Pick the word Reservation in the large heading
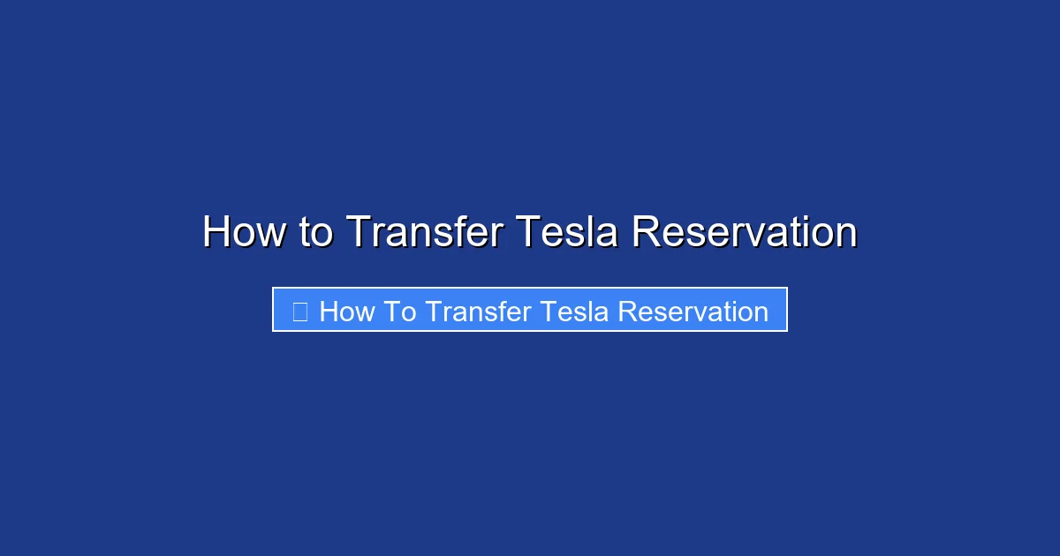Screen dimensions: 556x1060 tap(744, 232)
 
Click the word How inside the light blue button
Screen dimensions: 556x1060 tap(347, 312)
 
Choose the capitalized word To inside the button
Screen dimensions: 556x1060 tap(400, 312)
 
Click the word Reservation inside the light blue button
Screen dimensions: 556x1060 tap(693, 312)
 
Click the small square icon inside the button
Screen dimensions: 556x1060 tap(299, 312)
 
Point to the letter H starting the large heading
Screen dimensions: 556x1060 tap(216, 232)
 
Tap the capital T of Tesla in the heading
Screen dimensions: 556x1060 tap(527, 232)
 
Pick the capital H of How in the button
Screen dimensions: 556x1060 tap(328, 312)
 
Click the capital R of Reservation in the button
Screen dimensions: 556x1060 tap(626, 312)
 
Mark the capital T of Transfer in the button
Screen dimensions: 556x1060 tap(432, 312)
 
